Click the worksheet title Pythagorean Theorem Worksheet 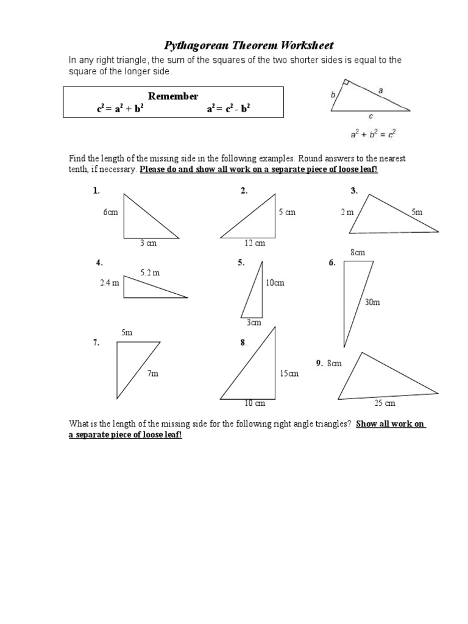(250, 46)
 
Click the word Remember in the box (174, 96)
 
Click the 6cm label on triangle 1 (110, 212)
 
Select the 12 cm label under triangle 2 (255, 243)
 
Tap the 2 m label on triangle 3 (347, 212)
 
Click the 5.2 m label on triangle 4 (150, 273)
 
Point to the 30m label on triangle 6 (372, 302)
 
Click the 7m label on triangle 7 (152, 374)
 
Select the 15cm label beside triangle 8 (289, 374)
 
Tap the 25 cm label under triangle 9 (385, 403)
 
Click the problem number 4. (99, 263)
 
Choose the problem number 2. (244, 191)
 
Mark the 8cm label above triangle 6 (357, 252)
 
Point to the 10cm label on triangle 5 (274, 283)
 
